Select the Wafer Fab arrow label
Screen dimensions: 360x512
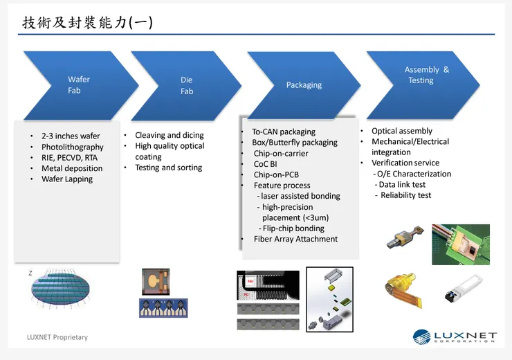tap(78, 85)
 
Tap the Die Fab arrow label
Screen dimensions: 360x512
tap(187, 86)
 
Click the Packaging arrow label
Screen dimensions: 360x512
tap(304, 85)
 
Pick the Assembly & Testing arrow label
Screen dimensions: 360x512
tap(426, 75)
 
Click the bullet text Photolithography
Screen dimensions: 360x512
tap(72, 147)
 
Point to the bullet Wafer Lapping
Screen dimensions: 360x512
tap(66, 179)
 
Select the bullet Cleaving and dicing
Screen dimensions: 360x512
tap(169, 136)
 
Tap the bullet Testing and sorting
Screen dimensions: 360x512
tap(168, 168)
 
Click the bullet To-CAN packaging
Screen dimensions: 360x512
tap(283, 132)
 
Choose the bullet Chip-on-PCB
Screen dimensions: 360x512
tap(276, 174)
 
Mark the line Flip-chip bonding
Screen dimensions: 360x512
tap(293, 228)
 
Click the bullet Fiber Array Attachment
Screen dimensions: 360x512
tap(295, 239)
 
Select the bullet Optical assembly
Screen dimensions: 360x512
tap(401, 131)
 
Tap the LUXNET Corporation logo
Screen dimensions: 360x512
tap(455, 337)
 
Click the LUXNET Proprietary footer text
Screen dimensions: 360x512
tap(57, 337)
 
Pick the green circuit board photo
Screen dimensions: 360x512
tap(460, 244)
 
